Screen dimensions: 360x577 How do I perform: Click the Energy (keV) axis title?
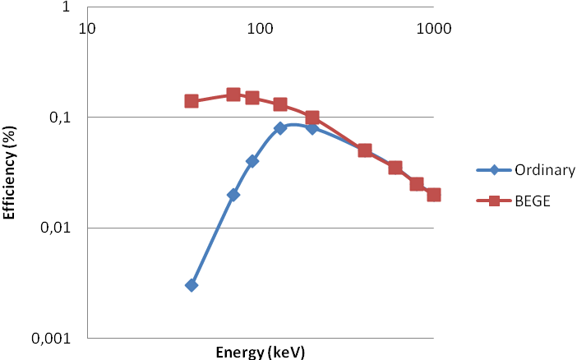(x=260, y=353)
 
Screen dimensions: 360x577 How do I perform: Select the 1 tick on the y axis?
(x=73, y=8)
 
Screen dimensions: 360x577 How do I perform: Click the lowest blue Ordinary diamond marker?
(x=192, y=285)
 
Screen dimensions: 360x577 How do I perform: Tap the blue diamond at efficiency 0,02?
(x=233, y=195)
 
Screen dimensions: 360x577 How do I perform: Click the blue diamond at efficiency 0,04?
(x=252, y=161)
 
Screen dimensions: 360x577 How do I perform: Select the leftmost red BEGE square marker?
(x=192, y=101)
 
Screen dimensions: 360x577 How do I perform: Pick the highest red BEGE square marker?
(x=233, y=95)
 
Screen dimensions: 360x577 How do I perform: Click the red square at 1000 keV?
(x=434, y=195)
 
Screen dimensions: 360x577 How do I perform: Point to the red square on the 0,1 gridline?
(x=312, y=118)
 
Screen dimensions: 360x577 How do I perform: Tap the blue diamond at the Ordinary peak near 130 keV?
(x=280, y=128)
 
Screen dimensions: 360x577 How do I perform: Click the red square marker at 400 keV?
(x=365, y=150)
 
